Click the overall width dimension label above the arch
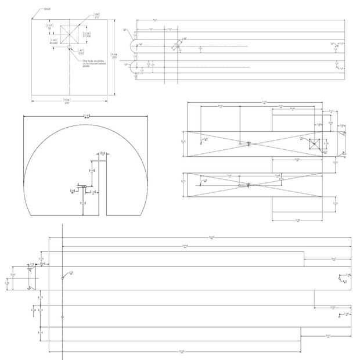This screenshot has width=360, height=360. click(x=85, y=116)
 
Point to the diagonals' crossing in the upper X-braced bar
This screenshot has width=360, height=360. click(x=240, y=143)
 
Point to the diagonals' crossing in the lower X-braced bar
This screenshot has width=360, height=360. click(x=240, y=185)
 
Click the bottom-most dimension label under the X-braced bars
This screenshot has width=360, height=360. click(x=297, y=221)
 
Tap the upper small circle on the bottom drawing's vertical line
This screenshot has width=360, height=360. click(x=62, y=278)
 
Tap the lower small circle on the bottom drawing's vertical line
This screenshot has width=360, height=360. click(x=62, y=318)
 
